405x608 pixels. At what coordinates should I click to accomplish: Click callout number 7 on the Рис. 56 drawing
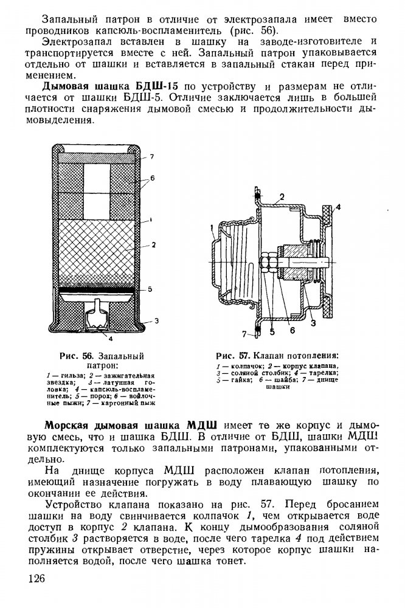click(x=152, y=157)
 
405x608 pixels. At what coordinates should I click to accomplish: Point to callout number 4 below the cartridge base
click(x=112, y=337)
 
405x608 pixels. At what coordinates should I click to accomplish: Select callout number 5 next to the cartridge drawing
click(x=149, y=289)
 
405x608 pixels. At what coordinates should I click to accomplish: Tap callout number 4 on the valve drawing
click(x=339, y=207)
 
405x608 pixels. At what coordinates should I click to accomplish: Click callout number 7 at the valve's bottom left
click(x=244, y=334)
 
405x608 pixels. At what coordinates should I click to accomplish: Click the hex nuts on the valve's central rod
click(x=267, y=263)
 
